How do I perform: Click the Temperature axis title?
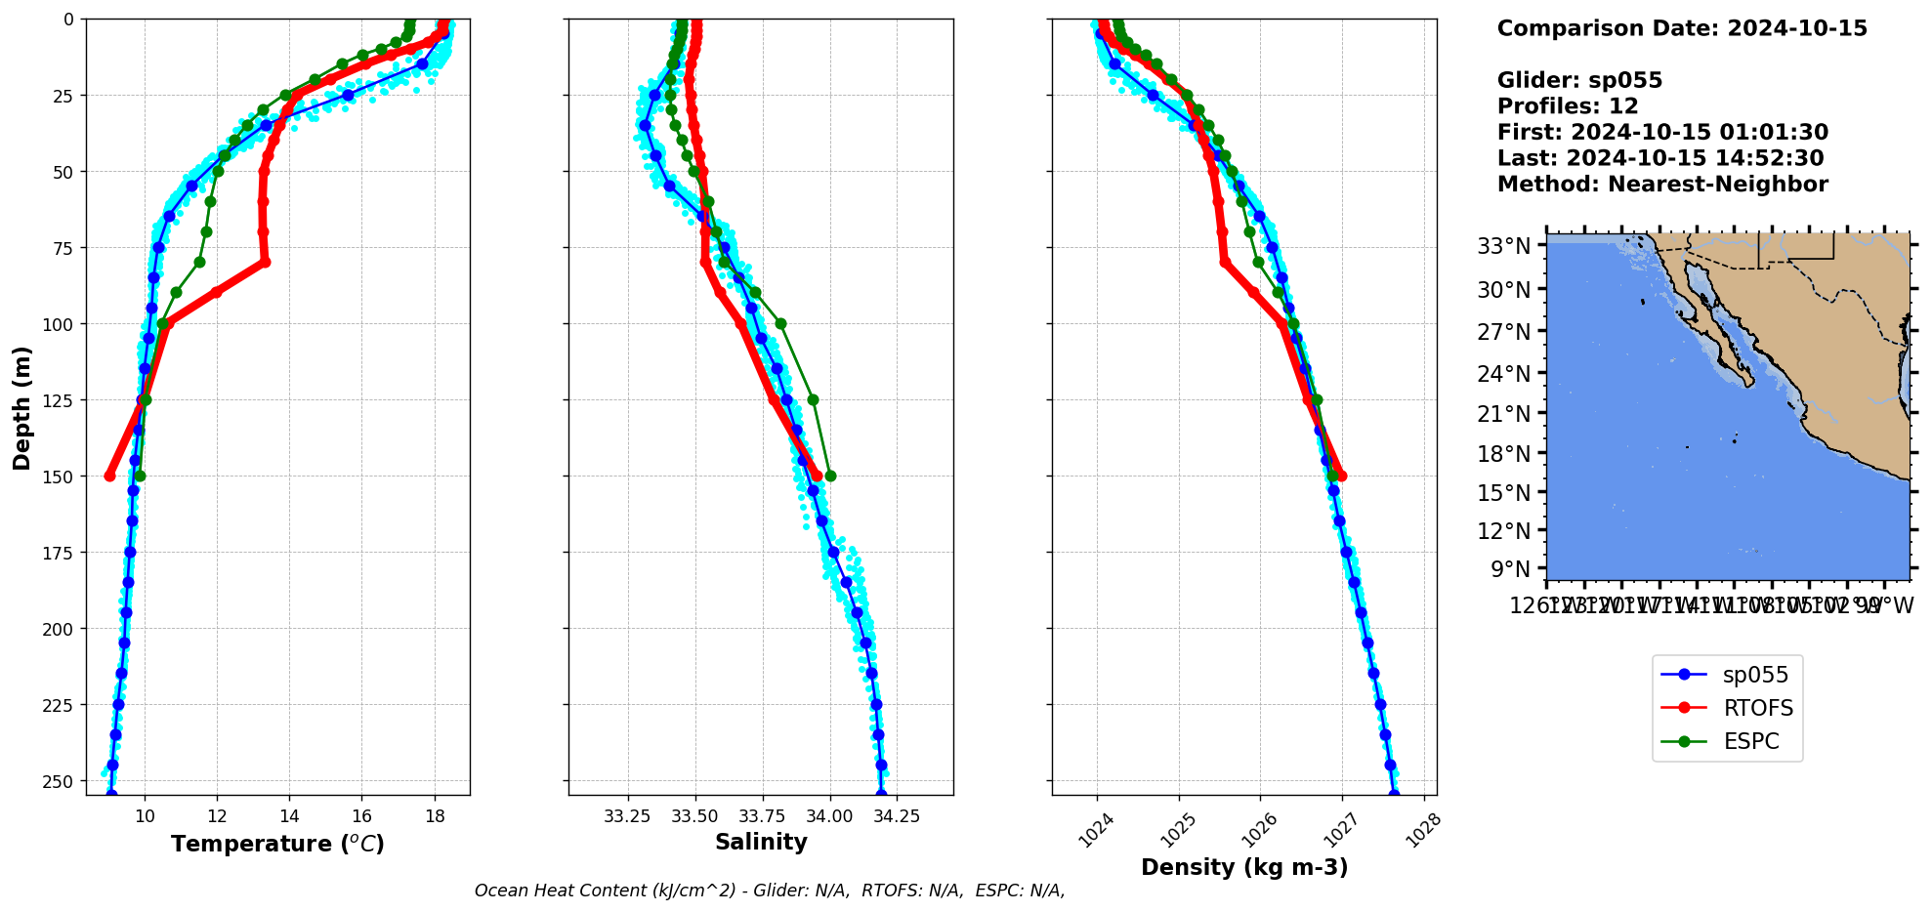pyautogui.click(x=277, y=844)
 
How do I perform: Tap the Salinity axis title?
pyautogui.click(x=761, y=842)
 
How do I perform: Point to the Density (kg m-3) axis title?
pyautogui.click(x=1243, y=867)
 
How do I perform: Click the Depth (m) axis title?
pyautogui.click(x=21, y=407)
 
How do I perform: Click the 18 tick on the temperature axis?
pyautogui.click(x=435, y=815)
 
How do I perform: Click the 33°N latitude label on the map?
pyautogui.click(x=1503, y=246)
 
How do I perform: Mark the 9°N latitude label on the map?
pyautogui.click(x=1510, y=568)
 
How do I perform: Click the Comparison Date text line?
pyautogui.click(x=1682, y=28)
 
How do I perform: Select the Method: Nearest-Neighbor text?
pyautogui.click(x=1662, y=185)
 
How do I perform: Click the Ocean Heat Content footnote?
pyautogui.click(x=770, y=891)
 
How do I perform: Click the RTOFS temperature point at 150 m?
pyautogui.click(x=109, y=476)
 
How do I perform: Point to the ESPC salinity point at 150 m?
pyautogui.click(x=830, y=476)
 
